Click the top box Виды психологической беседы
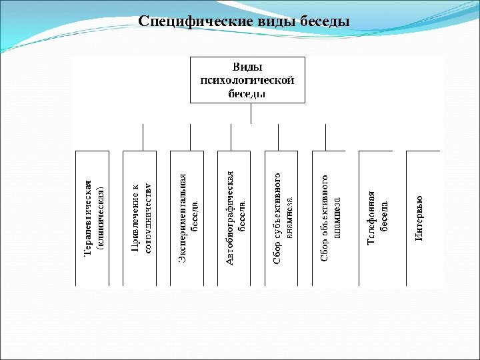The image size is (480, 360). coord(247,80)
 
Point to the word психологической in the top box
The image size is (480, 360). coord(247,80)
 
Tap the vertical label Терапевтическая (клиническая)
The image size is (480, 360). coord(93,217)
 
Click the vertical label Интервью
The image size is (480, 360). coord(419,218)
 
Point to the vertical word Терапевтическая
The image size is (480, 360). coord(87,217)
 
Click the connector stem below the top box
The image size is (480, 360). coord(251,113)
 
